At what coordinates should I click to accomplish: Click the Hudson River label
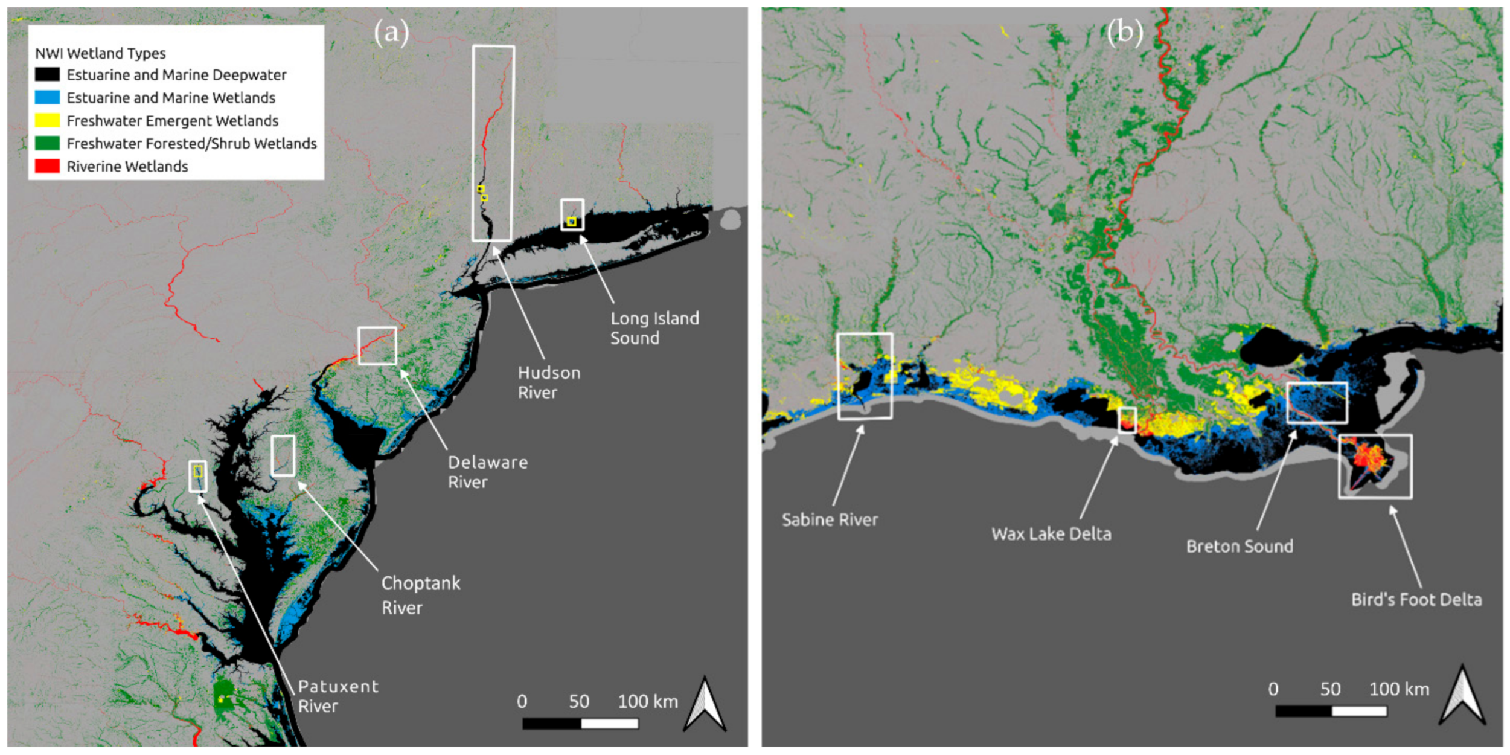[549, 382]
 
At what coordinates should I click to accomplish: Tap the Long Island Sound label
[654, 328]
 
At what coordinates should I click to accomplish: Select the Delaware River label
[487, 472]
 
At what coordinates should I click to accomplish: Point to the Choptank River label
[420, 595]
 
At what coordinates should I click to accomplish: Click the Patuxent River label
[338, 696]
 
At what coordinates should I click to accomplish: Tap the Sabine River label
[830, 519]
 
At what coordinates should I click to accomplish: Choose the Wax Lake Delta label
[1051, 534]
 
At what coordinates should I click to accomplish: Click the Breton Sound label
[1240, 547]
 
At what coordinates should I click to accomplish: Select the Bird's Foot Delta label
[1416, 600]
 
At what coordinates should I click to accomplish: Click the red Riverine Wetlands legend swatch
[47, 166]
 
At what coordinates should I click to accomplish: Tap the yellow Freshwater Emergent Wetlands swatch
[47, 121]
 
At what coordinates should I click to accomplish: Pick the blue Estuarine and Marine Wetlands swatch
[47, 98]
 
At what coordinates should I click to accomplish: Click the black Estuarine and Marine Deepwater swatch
[47, 75]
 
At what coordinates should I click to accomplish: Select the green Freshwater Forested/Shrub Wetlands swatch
[47, 143]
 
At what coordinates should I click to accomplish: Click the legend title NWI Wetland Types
[100, 53]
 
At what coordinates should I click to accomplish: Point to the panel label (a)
[391, 32]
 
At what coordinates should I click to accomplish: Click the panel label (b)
[1124, 31]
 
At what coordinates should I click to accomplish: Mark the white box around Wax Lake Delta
[1127, 420]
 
